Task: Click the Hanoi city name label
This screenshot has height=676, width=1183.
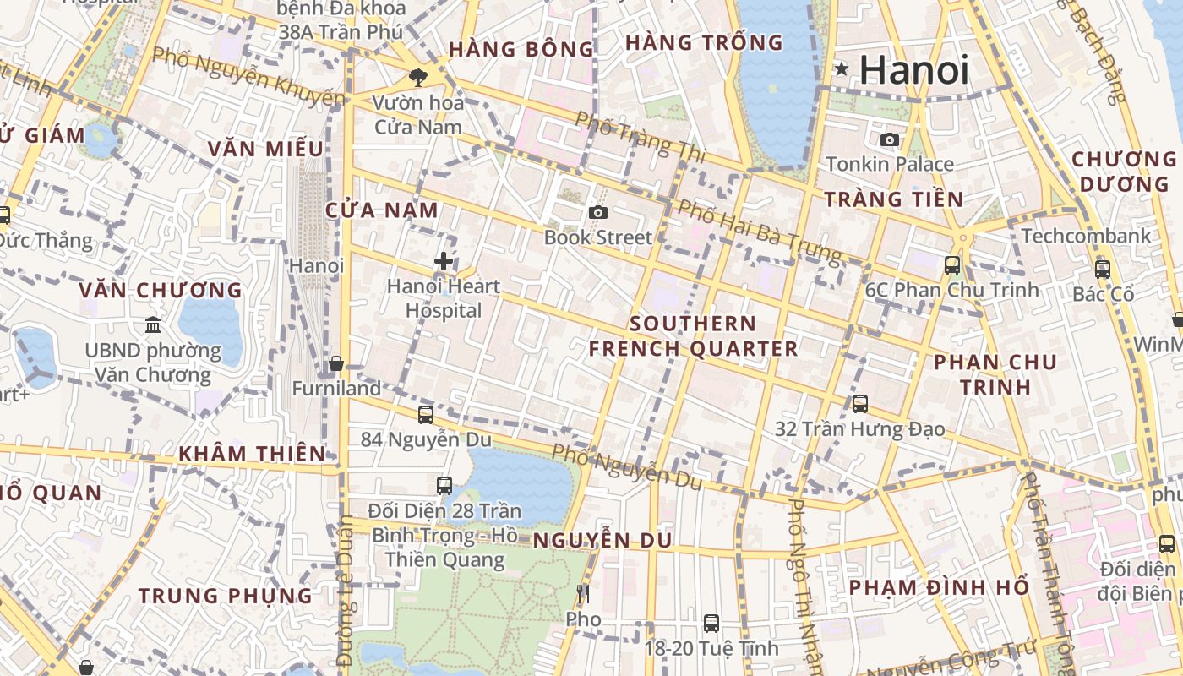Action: tap(914, 70)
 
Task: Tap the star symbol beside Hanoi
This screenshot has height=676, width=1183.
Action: tap(841, 69)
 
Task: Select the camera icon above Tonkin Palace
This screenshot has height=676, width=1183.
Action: tap(889, 139)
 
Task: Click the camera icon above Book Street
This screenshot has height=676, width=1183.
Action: tap(598, 212)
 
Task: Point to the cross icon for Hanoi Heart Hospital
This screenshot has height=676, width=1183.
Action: tap(443, 261)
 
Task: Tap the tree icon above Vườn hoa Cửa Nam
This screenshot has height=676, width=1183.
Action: tap(417, 78)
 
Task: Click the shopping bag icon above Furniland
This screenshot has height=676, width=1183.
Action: tap(336, 363)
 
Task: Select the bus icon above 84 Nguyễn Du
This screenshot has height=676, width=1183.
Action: tap(426, 414)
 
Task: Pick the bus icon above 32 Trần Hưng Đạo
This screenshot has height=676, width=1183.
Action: tap(860, 403)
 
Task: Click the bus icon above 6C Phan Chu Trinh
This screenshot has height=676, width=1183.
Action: tap(952, 264)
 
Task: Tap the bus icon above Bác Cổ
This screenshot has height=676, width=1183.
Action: tap(1103, 269)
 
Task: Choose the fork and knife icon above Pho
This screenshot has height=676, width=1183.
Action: tap(582, 594)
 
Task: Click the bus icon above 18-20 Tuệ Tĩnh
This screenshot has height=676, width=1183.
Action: tap(711, 623)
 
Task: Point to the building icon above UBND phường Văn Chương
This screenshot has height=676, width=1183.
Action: tap(153, 324)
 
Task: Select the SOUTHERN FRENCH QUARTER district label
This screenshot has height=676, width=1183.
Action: tap(693, 336)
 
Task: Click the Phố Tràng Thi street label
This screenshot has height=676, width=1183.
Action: tap(640, 134)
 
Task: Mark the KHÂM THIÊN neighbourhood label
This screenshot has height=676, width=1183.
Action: tap(252, 454)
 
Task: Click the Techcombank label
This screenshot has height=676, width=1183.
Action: tap(1086, 236)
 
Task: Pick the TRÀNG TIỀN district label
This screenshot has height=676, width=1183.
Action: tap(893, 199)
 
